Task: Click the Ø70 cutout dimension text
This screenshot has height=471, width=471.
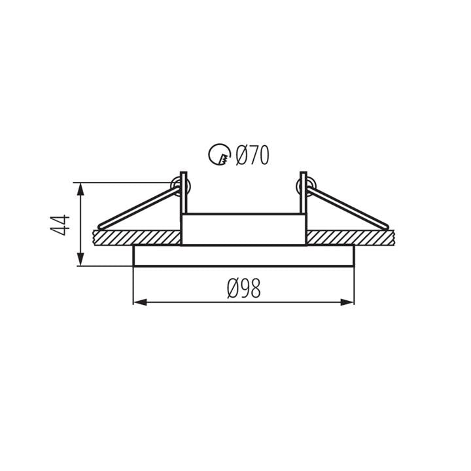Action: (x=253, y=155)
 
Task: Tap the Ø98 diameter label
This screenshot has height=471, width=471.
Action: (x=244, y=288)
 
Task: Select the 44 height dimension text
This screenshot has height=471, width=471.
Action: (x=60, y=225)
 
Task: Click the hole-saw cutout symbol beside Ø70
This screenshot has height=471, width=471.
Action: (x=220, y=154)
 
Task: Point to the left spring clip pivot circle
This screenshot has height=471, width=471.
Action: (x=179, y=186)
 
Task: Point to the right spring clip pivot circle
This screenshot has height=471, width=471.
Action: (x=305, y=186)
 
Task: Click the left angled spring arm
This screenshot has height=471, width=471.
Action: (x=139, y=208)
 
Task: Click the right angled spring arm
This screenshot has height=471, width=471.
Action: (x=348, y=208)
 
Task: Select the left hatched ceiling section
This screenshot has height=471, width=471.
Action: (x=137, y=238)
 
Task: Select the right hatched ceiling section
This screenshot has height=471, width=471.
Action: (x=350, y=238)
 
